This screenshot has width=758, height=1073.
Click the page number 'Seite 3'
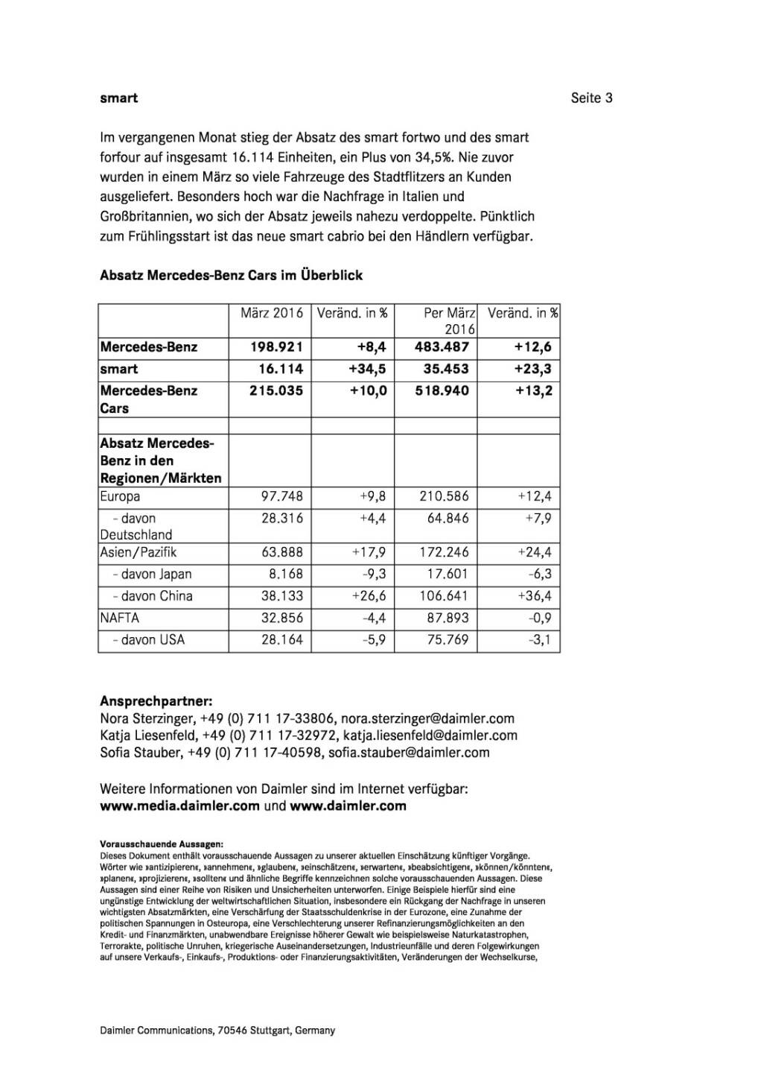point(591,98)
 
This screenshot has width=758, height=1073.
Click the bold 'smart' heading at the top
point(119,98)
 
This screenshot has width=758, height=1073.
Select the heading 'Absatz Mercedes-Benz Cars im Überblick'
point(231,275)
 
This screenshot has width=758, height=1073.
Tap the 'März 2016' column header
point(271,313)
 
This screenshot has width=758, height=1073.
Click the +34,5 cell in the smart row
point(368,369)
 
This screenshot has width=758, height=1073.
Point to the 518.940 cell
point(442,390)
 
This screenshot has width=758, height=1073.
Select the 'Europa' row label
point(120,496)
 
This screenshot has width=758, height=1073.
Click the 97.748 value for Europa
point(281,496)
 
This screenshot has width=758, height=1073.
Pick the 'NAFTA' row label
point(120,618)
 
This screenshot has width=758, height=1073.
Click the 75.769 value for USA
point(448,639)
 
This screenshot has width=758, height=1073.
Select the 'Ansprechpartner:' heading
point(156,701)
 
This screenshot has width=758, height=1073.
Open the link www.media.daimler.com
point(179,805)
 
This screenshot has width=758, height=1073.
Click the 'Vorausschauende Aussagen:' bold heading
point(161,844)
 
